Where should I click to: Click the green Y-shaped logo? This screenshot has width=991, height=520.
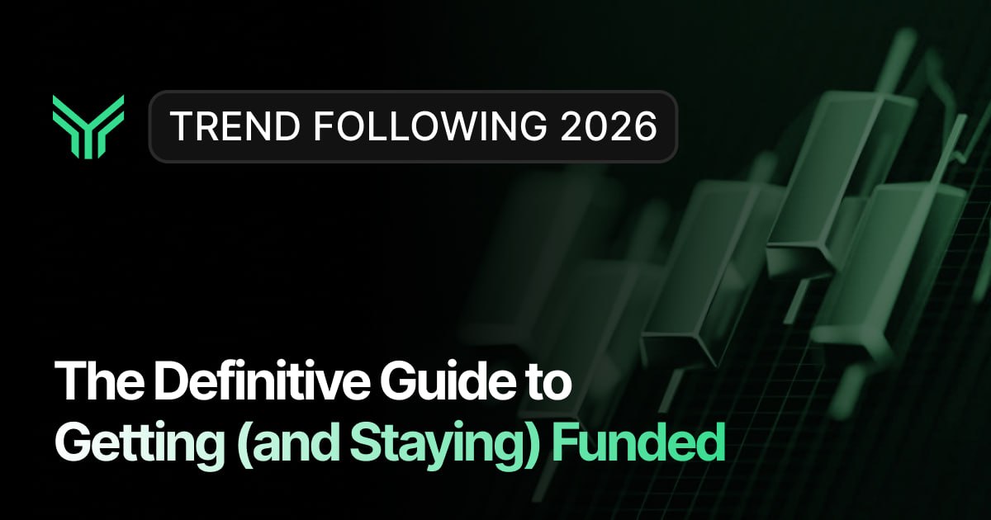[x=88, y=126]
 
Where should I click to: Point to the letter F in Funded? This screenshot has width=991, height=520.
[x=562, y=443]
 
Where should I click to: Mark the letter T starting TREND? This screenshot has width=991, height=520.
[x=178, y=126]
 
